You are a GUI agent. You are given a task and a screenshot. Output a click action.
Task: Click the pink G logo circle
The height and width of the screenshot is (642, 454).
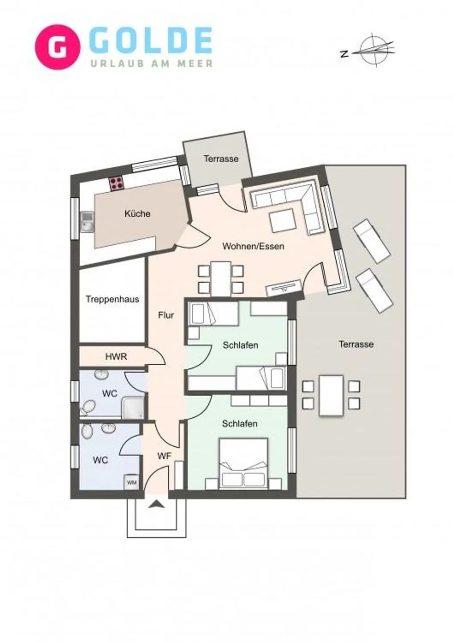(x=58, y=47)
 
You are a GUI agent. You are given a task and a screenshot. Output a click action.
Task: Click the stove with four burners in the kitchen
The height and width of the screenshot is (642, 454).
(x=117, y=183)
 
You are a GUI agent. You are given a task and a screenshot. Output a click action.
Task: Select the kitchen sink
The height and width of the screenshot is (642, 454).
(x=87, y=222)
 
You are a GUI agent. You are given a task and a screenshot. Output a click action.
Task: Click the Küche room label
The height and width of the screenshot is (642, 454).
(x=137, y=214)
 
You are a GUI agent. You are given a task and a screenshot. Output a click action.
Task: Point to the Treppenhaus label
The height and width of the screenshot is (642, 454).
(x=112, y=299)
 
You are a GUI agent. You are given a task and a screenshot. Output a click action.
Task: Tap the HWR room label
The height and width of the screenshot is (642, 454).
(x=116, y=357)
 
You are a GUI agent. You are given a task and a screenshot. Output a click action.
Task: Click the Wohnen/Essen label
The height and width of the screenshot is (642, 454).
(x=253, y=246)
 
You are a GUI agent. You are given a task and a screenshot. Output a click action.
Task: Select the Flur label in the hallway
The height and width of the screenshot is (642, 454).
(x=165, y=315)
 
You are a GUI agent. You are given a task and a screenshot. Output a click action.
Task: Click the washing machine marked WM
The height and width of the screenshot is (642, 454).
(x=131, y=482)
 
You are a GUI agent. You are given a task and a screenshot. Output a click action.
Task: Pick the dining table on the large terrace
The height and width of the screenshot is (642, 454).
(x=331, y=395)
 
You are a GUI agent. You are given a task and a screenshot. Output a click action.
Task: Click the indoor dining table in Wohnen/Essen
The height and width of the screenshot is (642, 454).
(x=221, y=279)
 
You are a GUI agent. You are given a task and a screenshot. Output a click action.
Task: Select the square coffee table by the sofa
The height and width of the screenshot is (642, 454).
(x=282, y=221)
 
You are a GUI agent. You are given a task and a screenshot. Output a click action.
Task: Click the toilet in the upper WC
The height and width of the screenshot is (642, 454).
(x=88, y=407)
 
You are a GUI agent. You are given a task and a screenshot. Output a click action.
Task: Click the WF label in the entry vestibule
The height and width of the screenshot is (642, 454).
(x=164, y=456)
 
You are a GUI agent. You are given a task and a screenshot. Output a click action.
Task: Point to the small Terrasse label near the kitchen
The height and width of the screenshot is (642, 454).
(x=221, y=158)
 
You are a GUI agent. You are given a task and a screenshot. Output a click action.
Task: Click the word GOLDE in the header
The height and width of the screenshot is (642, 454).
(x=151, y=41)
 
